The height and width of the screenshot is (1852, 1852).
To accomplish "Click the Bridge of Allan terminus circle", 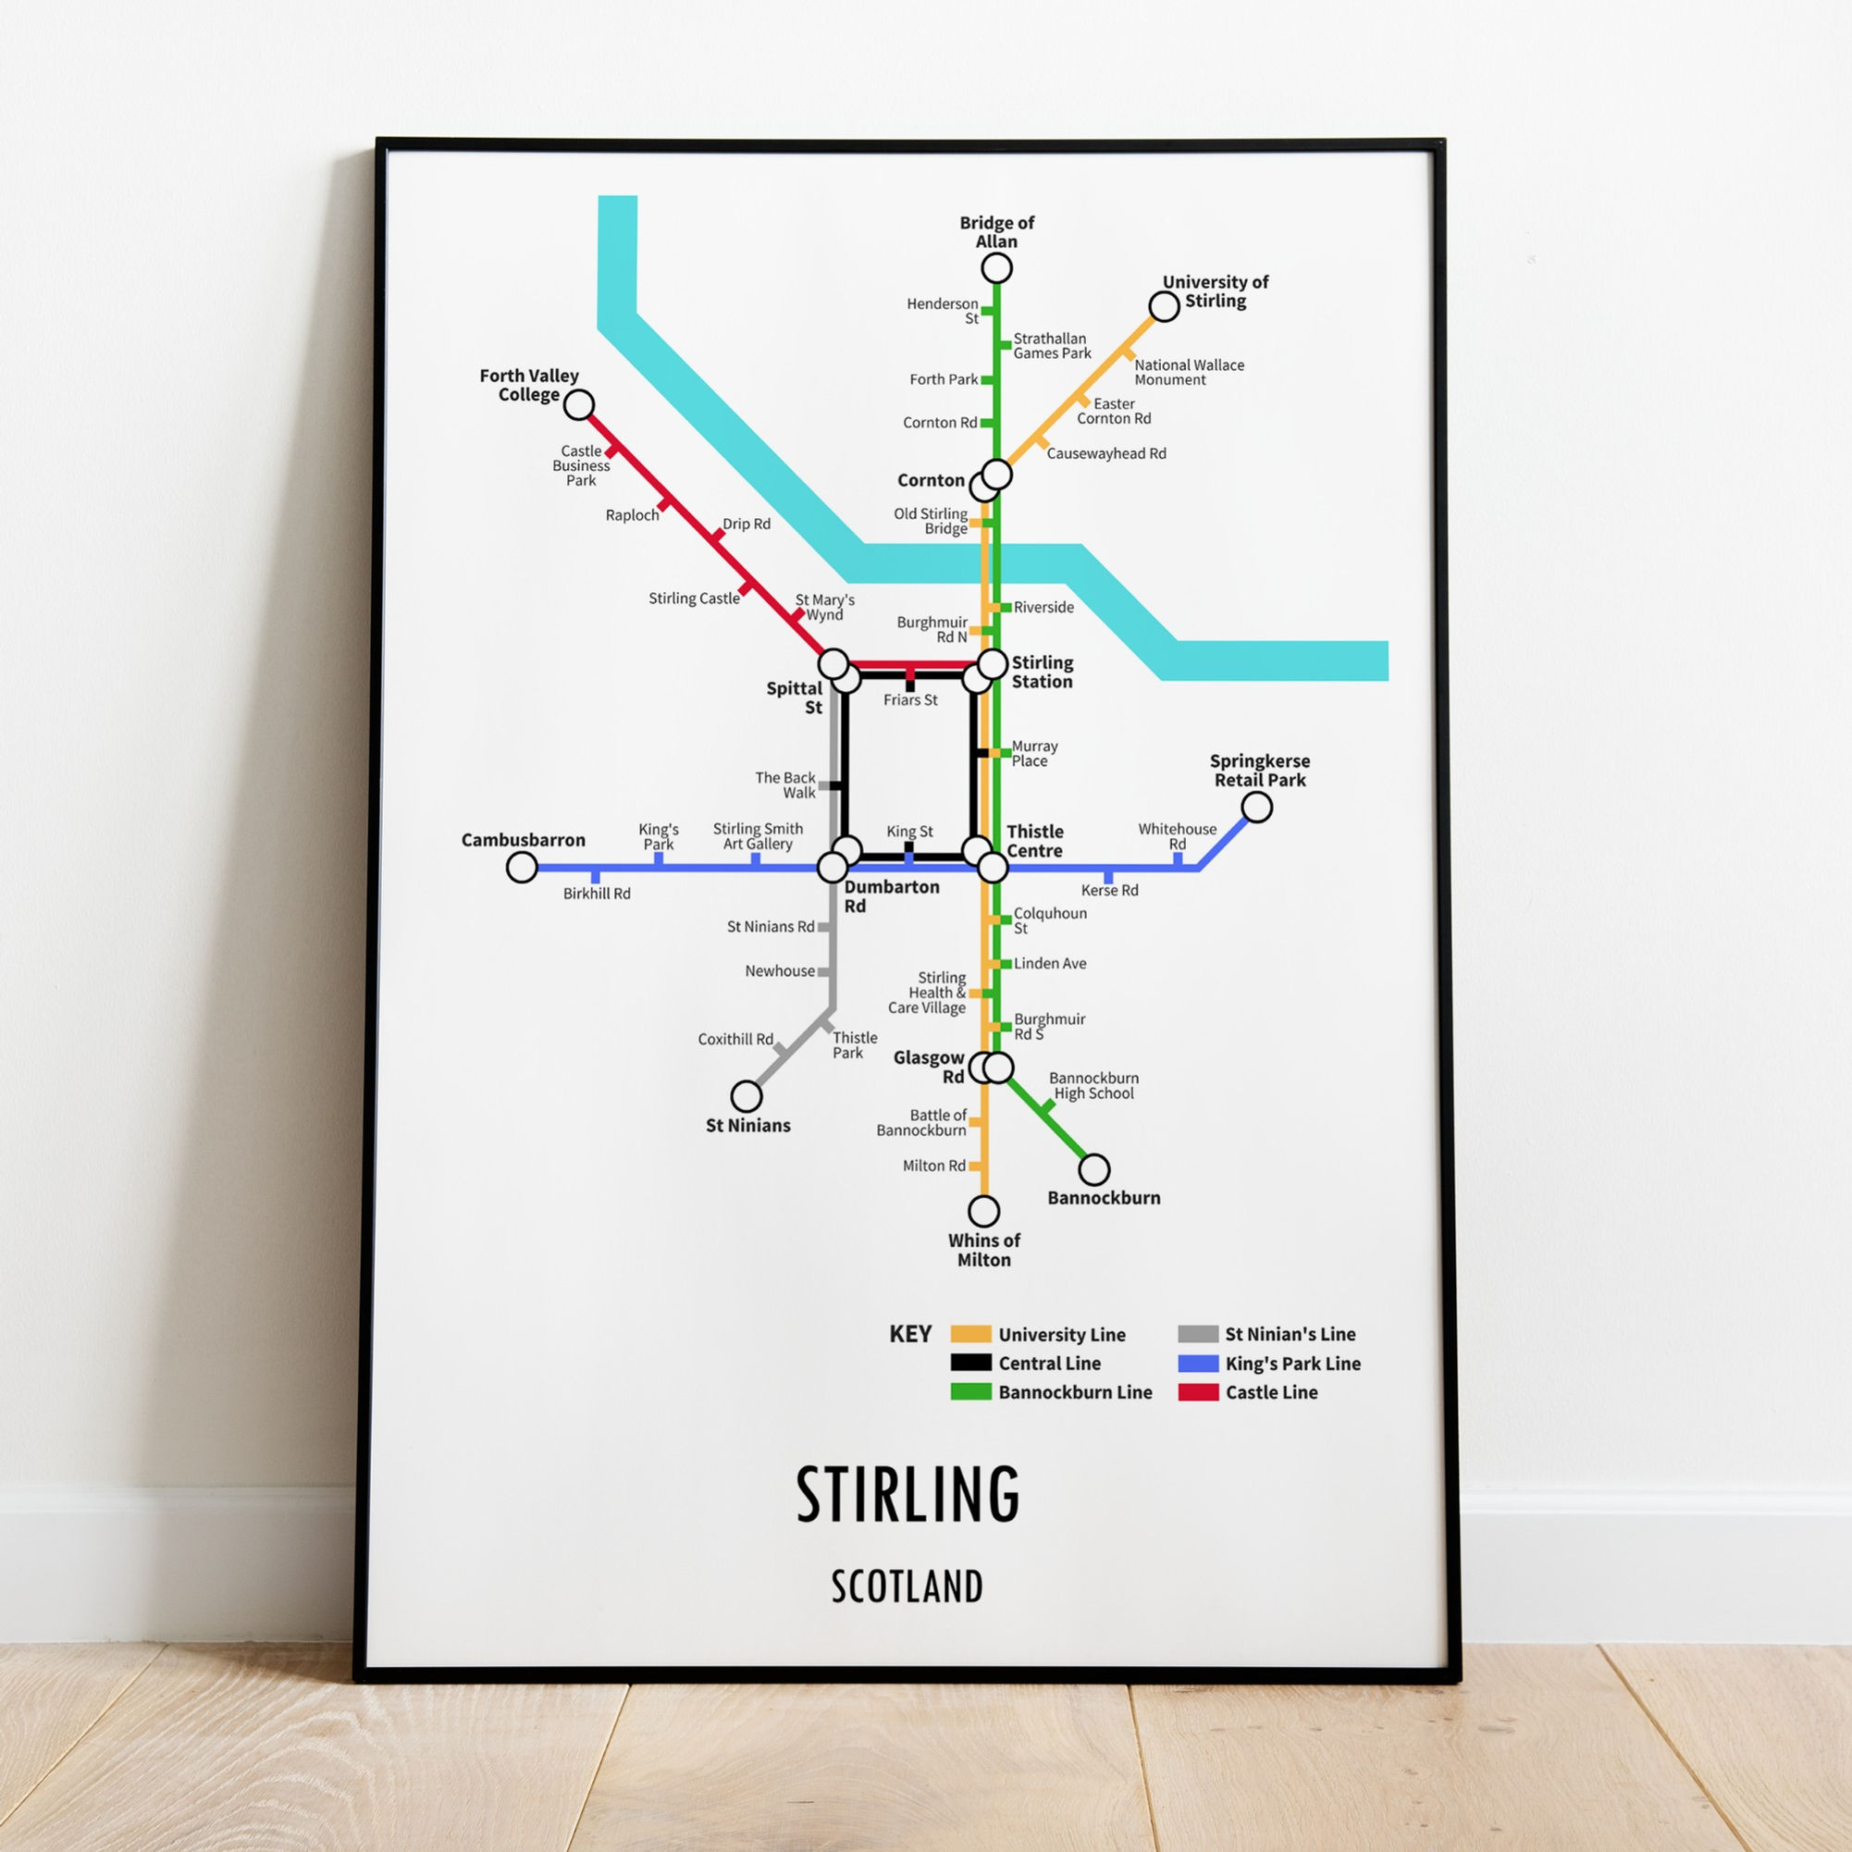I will pyautogui.click(x=997, y=267).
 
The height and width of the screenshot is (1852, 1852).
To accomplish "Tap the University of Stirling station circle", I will pyautogui.click(x=1164, y=307).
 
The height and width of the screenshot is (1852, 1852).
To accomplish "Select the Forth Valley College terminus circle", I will pyautogui.click(x=579, y=404).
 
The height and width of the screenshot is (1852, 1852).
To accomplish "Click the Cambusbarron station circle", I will pyautogui.click(x=522, y=868).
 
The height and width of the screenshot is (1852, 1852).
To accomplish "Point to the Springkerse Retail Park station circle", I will pyautogui.click(x=1256, y=808).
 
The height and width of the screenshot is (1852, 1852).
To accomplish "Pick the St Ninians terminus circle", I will pyautogui.click(x=746, y=1094).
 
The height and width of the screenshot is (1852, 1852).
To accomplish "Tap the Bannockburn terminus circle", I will pyautogui.click(x=1093, y=1169).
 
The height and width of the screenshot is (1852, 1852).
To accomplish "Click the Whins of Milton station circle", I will pyautogui.click(x=983, y=1210).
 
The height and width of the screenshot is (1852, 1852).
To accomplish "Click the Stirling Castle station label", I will pyautogui.click(x=694, y=599).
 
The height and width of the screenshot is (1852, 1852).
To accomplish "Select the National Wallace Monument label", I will pyautogui.click(x=1189, y=372).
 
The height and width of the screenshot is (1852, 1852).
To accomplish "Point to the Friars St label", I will pyautogui.click(x=910, y=699).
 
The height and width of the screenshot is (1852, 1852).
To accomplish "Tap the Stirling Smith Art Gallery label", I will pyautogui.click(x=758, y=836).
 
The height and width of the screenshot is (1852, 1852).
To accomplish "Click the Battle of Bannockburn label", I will pyautogui.click(x=921, y=1122).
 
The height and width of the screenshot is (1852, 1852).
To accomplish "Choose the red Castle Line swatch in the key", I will pyautogui.click(x=1198, y=1392).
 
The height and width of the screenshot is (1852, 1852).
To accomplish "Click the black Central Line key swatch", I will pyautogui.click(x=970, y=1362).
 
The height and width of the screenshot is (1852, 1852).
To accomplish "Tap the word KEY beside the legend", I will pyautogui.click(x=909, y=1334).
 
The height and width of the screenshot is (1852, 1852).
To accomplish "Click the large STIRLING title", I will pyautogui.click(x=907, y=1494).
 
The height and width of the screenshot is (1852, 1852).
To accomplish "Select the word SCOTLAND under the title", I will pyautogui.click(x=907, y=1587).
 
